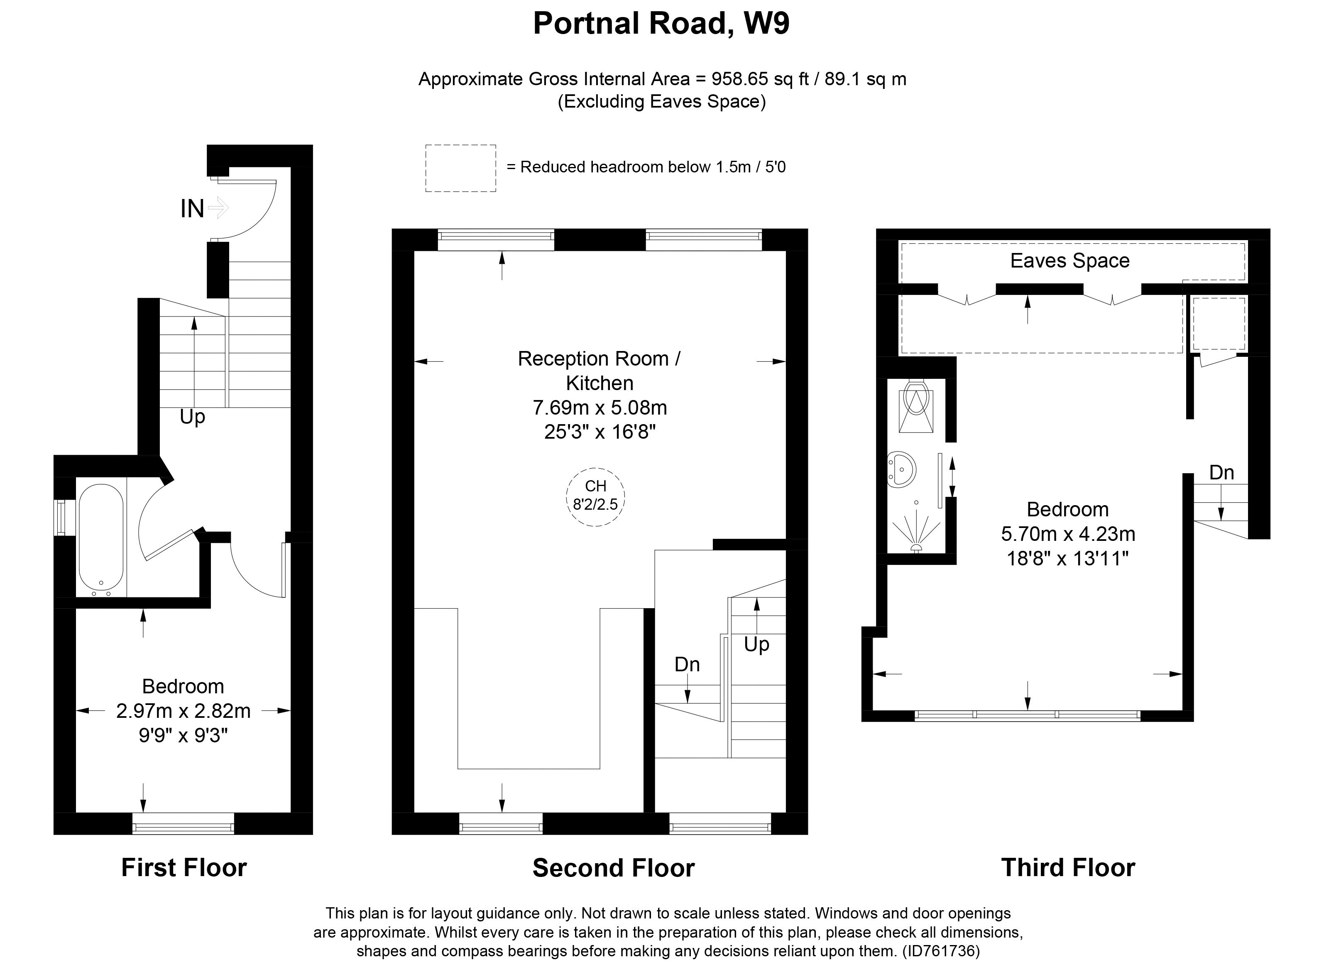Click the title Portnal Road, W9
coord(661,25)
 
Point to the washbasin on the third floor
coord(901,469)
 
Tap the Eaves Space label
coord(1070,260)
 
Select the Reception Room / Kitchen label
coord(600,371)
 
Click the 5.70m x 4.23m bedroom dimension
coord(1068,534)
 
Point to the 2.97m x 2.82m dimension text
coord(184,711)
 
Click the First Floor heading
coord(184,867)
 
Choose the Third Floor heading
coord(1068,867)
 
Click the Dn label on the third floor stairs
coord(1221,472)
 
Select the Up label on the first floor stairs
coord(193,417)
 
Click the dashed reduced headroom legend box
coord(460,168)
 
